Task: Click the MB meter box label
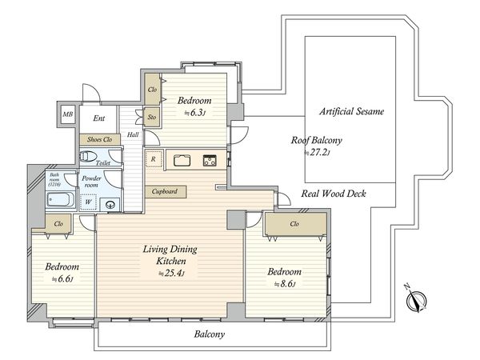68,114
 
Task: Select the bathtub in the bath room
61,200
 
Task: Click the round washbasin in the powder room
110,204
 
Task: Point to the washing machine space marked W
88,202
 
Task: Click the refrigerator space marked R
154,159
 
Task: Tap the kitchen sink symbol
182,161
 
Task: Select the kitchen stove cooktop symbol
210,161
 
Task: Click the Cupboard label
165,192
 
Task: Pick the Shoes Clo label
99,139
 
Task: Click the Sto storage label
152,118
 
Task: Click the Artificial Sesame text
351,111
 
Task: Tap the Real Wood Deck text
334,194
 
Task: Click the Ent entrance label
99,118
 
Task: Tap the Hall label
133,134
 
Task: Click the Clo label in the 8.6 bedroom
294,224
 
